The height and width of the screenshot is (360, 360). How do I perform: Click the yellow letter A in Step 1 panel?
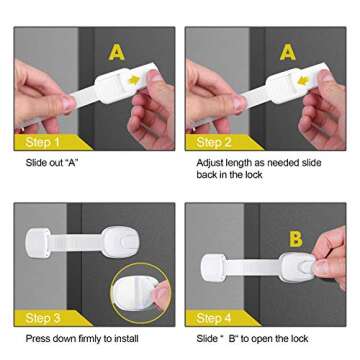point(117,50)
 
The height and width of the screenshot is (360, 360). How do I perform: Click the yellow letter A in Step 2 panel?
point(287,50)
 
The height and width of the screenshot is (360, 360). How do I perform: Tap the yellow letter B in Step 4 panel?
point(295,239)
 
